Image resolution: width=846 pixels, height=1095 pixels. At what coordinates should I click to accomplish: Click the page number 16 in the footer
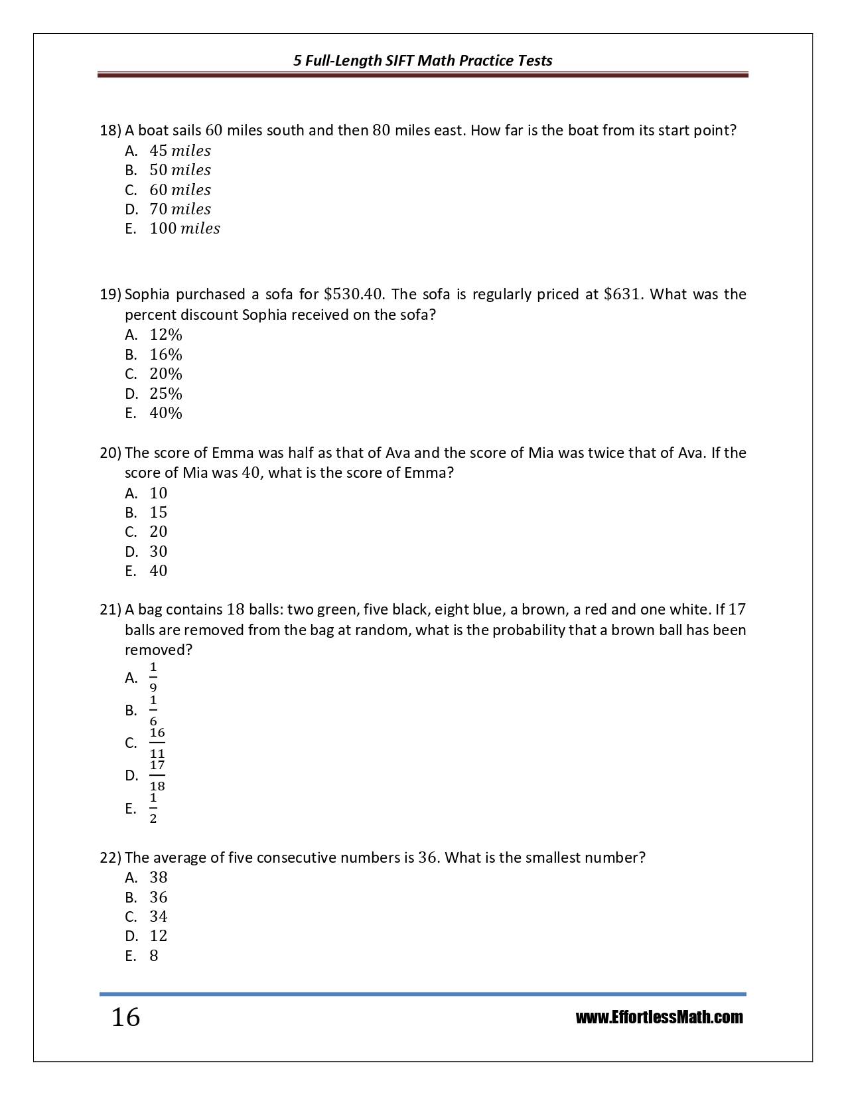(125, 1017)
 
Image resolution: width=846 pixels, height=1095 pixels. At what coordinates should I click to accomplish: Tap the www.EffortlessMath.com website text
(659, 1017)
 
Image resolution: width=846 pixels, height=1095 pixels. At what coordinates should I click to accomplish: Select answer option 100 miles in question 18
(184, 228)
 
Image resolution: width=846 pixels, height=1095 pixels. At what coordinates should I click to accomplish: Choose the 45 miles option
(180, 151)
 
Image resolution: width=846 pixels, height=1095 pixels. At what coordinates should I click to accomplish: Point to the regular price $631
(622, 294)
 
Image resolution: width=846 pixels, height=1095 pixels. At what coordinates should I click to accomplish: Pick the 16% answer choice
(165, 354)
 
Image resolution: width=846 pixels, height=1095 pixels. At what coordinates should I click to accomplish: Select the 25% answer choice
(165, 394)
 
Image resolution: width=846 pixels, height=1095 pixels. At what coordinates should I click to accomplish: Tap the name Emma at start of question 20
(230, 453)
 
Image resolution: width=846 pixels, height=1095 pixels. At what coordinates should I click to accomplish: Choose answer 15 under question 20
(159, 512)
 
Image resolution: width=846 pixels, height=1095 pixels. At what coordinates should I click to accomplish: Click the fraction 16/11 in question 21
(157, 743)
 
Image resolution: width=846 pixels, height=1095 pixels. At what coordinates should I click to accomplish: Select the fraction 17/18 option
(157, 775)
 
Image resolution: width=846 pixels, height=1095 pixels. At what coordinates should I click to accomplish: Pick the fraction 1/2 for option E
(153, 808)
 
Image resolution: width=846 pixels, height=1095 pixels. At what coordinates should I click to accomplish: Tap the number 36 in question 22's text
(428, 857)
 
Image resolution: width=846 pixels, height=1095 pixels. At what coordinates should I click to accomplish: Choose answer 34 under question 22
(159, 916)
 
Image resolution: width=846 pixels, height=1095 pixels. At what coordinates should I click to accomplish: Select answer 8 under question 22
(154, 956)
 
